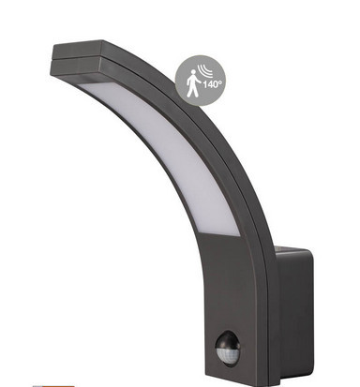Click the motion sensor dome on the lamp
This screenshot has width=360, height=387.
(x=228, y=349)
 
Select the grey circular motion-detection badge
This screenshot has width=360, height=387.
(x=200, y=81)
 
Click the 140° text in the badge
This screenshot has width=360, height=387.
(x=213, y=84)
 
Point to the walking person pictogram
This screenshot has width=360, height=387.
(x=192, y=83)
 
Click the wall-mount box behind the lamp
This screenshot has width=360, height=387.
(x=293, y=316)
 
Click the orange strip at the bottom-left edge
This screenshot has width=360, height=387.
(x=53, y=386)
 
